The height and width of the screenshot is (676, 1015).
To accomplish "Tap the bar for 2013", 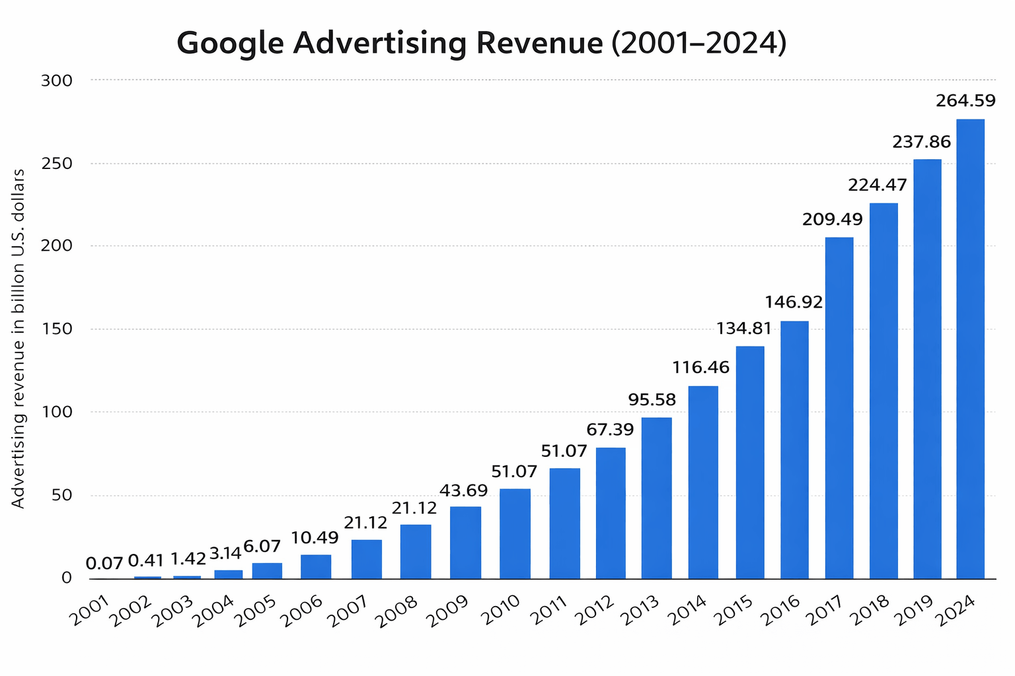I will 656,498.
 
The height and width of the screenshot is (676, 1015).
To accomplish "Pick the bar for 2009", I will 465,542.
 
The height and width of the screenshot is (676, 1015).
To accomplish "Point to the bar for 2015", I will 749,462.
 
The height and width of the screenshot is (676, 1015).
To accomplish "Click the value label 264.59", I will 965,101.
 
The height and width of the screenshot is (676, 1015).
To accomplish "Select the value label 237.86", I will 921,142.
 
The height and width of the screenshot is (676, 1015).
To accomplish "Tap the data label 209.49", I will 832,220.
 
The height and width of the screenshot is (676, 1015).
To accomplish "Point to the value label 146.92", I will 793,302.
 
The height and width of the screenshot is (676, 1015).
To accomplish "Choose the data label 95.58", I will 651,399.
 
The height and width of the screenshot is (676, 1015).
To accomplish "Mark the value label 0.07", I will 104,564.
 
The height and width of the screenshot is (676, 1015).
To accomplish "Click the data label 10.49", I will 315,538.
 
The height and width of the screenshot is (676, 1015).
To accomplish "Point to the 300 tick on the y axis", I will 56,81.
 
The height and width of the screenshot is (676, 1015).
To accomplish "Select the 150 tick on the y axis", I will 56,329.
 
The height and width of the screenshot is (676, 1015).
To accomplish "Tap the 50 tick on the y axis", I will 61,495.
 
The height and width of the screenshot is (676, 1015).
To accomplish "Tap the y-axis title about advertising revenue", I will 19,338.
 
